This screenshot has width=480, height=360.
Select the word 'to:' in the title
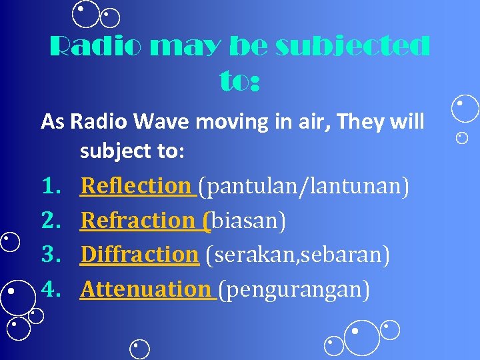pos(239,81)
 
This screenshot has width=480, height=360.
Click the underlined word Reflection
pos(135,186)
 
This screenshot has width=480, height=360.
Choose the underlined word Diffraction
pos(139,254)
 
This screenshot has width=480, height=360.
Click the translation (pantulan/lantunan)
pos(307,186)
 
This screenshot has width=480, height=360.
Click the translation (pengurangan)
pos(294,289)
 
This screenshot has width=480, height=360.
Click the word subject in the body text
pos(116,151)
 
